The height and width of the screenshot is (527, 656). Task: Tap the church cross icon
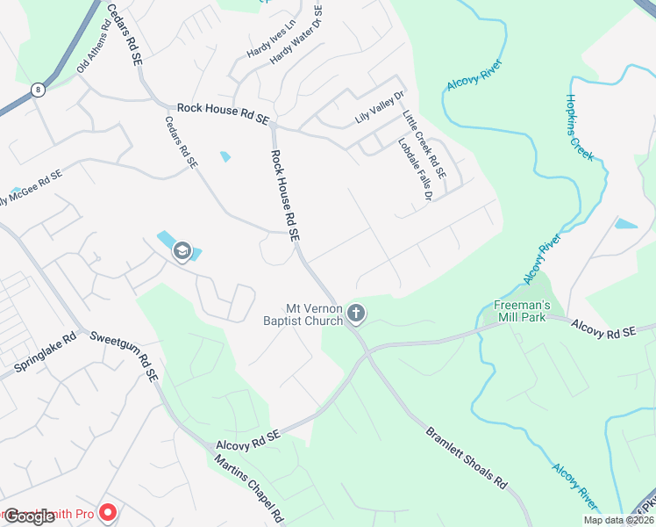pyautogui.click(x=356, y=312)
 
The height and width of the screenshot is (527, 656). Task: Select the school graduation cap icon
pyautogui.click(x=182, y=251)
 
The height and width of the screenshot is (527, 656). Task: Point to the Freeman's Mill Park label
pyautogui.click(x=520, y=311)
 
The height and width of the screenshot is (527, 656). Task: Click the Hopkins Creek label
pyautogui.click(x=580, y=127)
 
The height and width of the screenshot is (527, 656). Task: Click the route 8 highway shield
pyautogui.click(x=37, y=90)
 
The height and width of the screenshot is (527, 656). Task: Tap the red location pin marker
pyautogui.click(x=109, y=510)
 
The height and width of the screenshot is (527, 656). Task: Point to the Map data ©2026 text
pyautogui.click(x=617, y=520)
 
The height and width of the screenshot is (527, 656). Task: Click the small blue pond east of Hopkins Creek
pyautogui.click(x=626, y=224)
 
